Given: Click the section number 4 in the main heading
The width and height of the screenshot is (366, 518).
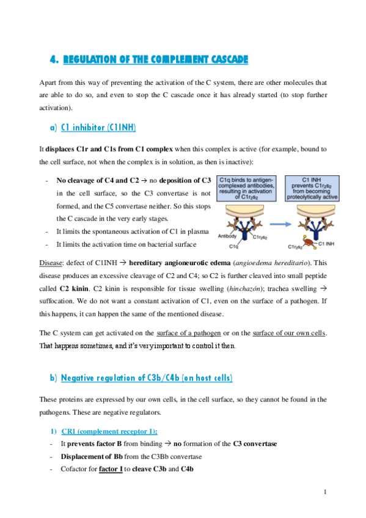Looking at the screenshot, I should tap(53, 59).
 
